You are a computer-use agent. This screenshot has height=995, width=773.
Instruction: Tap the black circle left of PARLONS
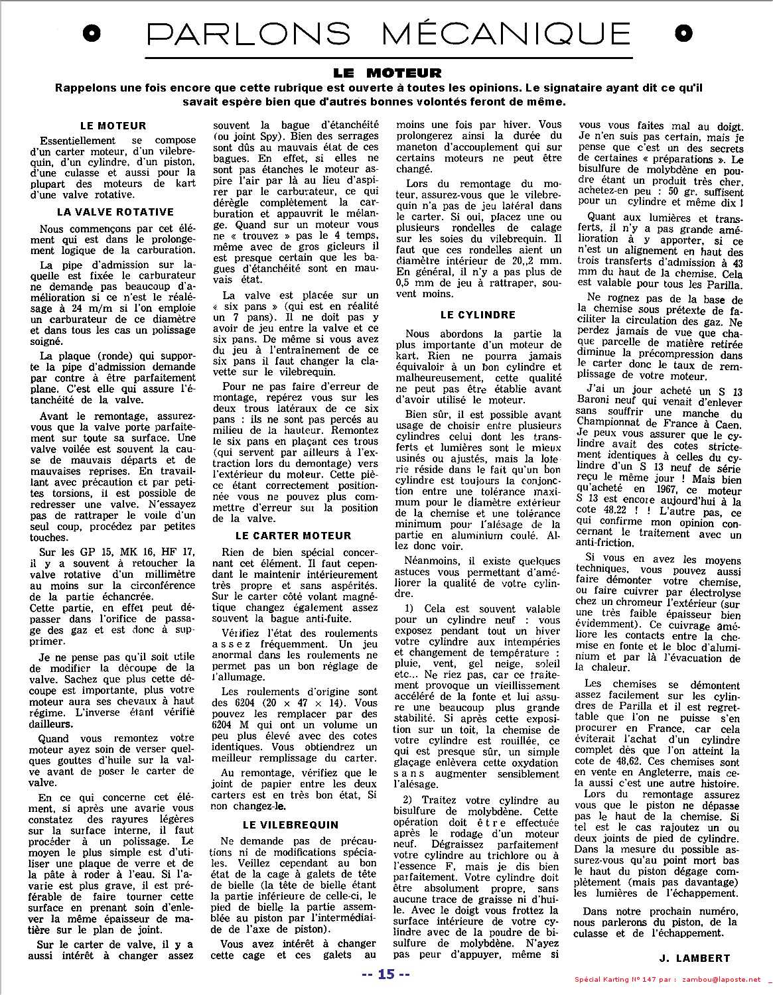click(94, 33)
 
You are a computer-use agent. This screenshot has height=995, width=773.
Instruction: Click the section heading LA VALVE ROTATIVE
click(116, 212)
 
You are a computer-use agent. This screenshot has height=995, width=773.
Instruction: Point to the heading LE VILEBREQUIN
click(291, 825)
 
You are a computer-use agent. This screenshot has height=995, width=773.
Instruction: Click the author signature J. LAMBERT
click(695, 958)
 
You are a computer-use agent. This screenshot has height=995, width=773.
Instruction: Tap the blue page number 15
click(386, 974)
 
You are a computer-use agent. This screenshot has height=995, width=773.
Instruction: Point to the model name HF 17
click(176, 551)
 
